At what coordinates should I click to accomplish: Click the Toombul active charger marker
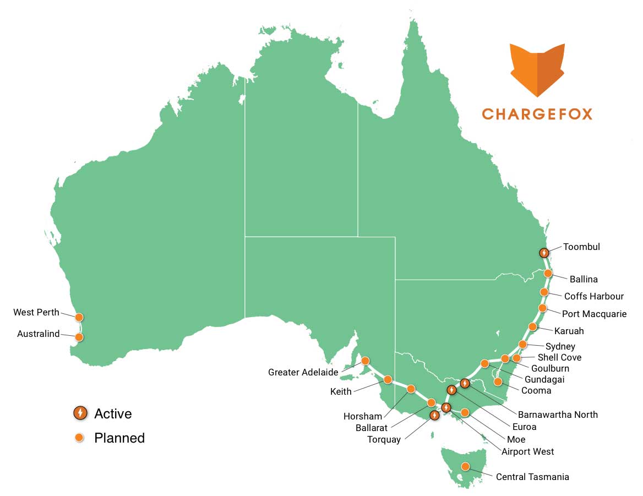pyautogui.click(x=544, y=253)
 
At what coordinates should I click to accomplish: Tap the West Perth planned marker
pyautogui.click(x=79, y=317)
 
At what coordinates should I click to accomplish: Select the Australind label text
pyautogui.click(x=38, y=334)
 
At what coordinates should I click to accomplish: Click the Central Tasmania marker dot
pyautogui.click(x=465, y=466)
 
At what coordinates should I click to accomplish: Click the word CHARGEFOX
pyautogui.click(x=537, y=114)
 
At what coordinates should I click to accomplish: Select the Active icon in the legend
pyautogui.click(x=80, y=412)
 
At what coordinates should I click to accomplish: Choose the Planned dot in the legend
pyautogui.click(x=80, y=438)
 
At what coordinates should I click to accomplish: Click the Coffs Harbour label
pyautogui.click(x=593, y=296)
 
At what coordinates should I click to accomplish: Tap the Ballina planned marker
pyautogui.click(x=548, y=273)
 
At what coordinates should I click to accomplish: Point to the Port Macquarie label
pyautogui.click(x=594, y=314)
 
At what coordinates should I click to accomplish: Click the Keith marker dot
pyautogui.click(x=388, y=379)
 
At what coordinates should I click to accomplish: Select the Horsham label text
pyautogui.click(x=362, y=416)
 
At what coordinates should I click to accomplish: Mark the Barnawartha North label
pyautogui.click(x=557, y=414)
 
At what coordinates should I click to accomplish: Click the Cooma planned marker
pyautogui.click(x=498, y=381)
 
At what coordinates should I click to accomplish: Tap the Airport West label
pyautogui.click(x=527, y=451)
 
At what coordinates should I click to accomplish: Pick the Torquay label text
pyautogui.click(x=384, y=439)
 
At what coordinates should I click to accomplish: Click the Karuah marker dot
pyautogui.click(x=532, y=326)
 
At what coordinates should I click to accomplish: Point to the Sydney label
pyautogui.click(x=560, y=346)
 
